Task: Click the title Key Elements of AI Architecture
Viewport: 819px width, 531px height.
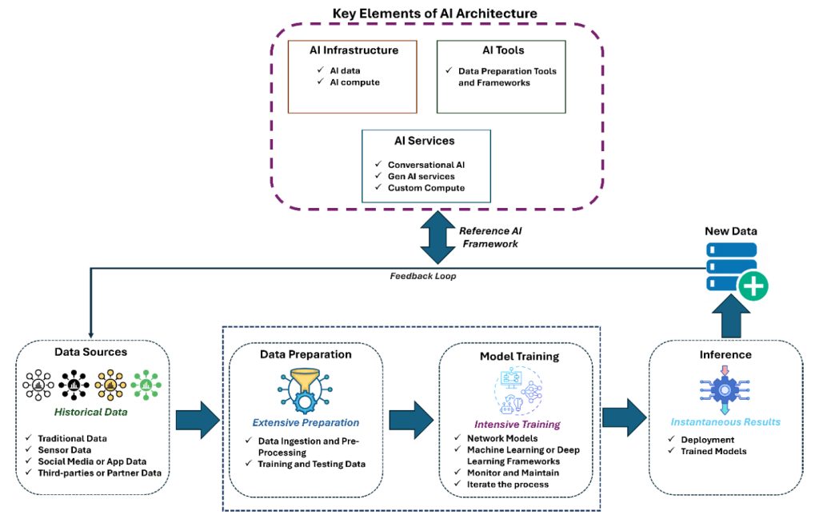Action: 434,14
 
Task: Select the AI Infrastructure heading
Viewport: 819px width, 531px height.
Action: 354,50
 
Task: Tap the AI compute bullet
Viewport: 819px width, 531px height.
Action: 354,83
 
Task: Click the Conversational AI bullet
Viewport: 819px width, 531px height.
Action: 426,165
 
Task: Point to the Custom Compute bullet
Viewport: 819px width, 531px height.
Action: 426,188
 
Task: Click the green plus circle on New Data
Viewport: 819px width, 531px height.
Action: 751,285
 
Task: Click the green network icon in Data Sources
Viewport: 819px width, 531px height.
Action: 146,385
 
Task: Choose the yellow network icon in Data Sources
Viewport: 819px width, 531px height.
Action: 110,385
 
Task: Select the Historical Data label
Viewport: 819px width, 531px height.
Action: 90,412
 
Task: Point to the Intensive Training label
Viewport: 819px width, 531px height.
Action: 517,424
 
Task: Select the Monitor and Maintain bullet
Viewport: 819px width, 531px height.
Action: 512,473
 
